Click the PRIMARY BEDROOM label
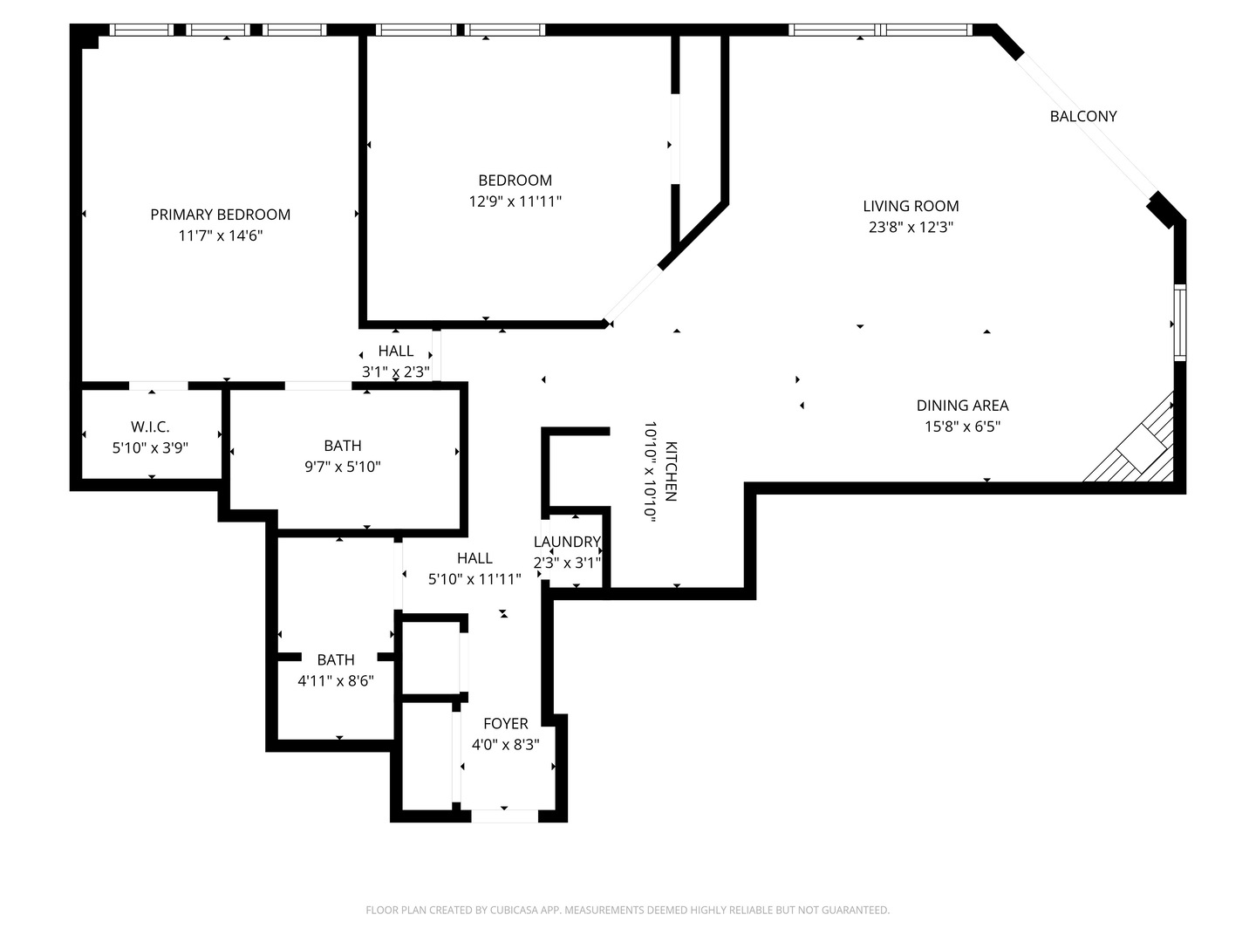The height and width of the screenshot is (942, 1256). (x=221, y=215)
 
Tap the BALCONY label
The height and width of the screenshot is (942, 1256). (x=1083, y=116)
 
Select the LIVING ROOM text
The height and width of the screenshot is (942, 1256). (x=911, y=206)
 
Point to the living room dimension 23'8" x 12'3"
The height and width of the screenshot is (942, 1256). (x=911, y=227)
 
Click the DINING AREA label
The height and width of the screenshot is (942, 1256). (x=962, y=406)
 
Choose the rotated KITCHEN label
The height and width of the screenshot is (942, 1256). (x=672, y=471)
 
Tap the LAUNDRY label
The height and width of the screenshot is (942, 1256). (x=567, y=542)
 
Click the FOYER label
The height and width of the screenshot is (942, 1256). (x=505, y=724)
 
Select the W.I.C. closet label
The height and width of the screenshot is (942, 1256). (x=150, y=427)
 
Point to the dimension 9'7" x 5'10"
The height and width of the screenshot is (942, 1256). (x=343, y=467)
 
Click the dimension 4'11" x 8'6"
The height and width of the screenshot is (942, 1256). (x=336, y=680)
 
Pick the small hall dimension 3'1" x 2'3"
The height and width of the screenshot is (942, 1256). (x=396, y=372)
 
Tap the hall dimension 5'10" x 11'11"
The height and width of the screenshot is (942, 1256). (x=475, y=579)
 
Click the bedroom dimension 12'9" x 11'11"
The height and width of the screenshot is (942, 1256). (x=515, y=201)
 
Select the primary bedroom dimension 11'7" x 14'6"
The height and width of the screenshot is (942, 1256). (x=221, y=235)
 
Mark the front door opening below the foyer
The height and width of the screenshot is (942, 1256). (x=505, y=816)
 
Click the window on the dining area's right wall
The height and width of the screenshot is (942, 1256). (x=1180, y=323)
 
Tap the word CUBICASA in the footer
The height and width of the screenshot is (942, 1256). (x=512, y=910)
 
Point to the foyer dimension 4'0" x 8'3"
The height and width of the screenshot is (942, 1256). (x=505, y=745)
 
